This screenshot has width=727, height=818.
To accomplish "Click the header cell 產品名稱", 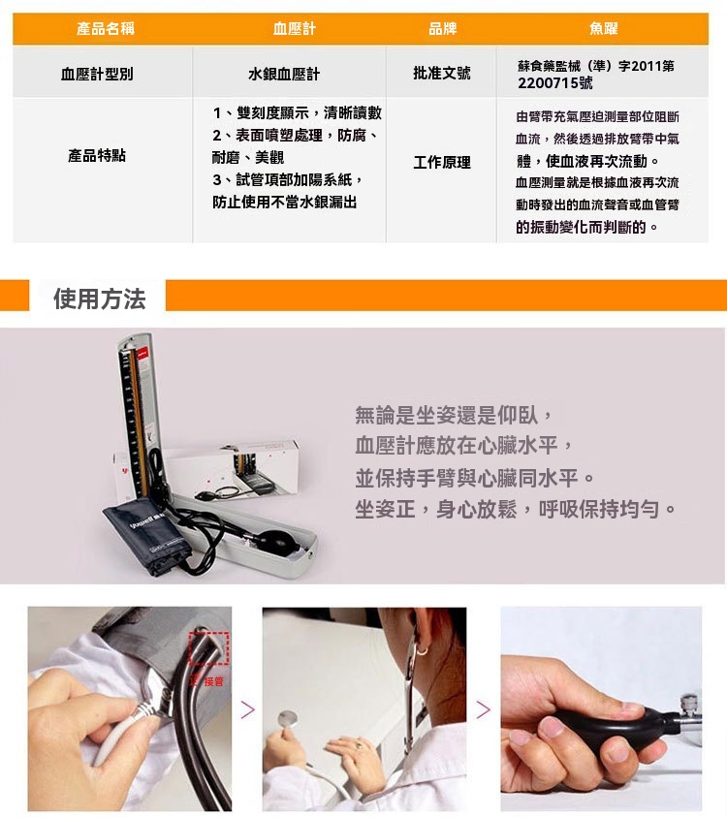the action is tap(106, 28).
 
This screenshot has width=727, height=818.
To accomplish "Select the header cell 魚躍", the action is tap(603, 28).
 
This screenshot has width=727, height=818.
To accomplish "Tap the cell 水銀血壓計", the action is tap(284, 74).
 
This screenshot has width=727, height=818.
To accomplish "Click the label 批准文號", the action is tap(441, 73).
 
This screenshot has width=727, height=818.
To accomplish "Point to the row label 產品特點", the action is tap(97, 155).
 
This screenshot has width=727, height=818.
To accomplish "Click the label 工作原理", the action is tap(441, 162).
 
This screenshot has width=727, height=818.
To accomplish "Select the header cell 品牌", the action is tap(443, 28).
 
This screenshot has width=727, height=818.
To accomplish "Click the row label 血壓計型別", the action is tap(97, 74).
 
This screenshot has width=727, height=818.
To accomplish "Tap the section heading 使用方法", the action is tap(99, 299).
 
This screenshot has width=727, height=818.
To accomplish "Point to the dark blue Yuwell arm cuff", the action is tap(144, 535).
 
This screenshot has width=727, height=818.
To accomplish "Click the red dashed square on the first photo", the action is tap(208, 648).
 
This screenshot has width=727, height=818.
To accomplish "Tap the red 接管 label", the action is tap(213, 681).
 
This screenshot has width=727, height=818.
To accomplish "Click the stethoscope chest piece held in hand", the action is tap(288, 719).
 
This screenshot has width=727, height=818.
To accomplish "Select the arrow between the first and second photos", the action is tap(248, 709).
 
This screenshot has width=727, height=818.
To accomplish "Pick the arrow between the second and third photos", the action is tap(484, 709).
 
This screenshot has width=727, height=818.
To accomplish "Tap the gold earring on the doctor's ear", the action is tap(422, 650).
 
